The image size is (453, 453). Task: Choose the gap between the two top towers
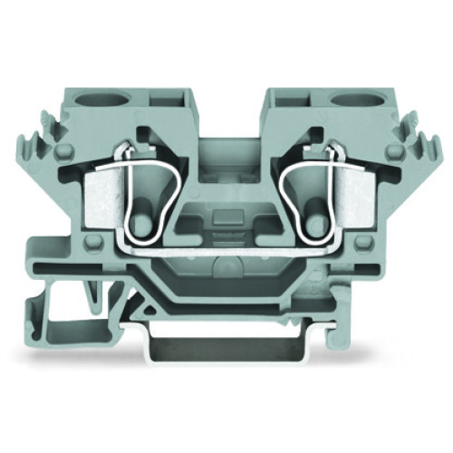point(226,109)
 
